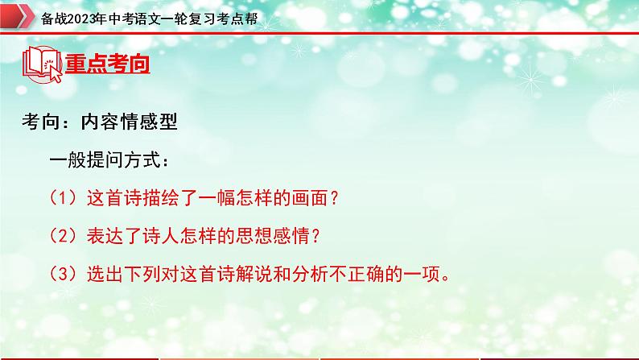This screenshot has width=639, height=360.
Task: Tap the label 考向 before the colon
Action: point(40,122)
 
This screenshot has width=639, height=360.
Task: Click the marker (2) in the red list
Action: point(62,236)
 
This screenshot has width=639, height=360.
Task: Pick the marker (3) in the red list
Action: point(62,274)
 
